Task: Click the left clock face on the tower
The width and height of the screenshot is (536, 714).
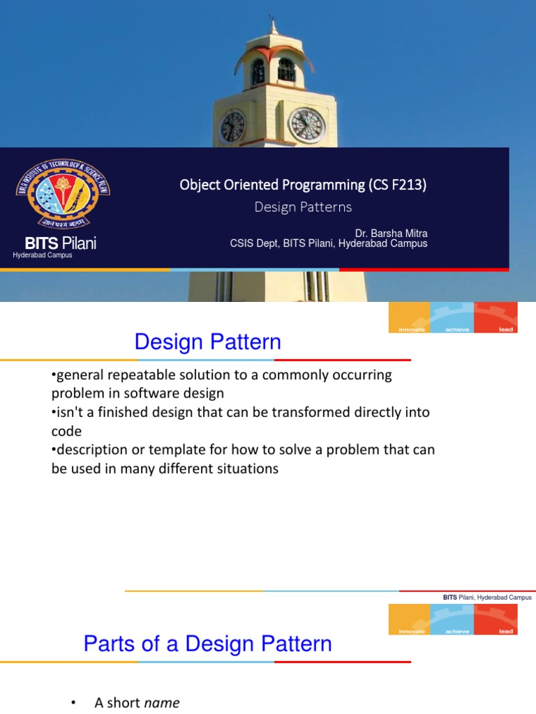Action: [x=232, y=126]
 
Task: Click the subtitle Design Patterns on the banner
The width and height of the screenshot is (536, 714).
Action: [x=303, y=207]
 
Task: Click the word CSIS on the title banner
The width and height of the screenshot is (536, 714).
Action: [x=243, y=243]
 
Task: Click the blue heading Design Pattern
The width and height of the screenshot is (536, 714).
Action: [x=207, y=342]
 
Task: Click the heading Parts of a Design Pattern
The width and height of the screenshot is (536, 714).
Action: [x=207, y=644]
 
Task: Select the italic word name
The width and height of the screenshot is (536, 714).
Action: [x=161, y=703]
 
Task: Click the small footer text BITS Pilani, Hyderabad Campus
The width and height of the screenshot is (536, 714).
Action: [x=487, y=598]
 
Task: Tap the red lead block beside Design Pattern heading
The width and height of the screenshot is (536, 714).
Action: [x=496, y=318]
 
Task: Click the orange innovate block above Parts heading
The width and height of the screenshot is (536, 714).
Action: [x=410, y=620]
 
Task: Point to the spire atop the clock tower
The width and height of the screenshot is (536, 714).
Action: [x=273, y=24]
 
